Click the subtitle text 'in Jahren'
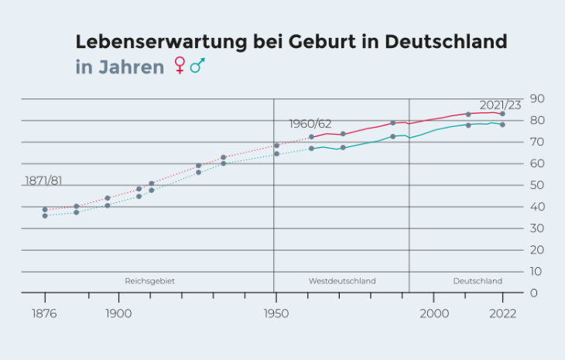point(119,67)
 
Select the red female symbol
point(180,66)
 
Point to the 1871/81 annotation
point(43,180)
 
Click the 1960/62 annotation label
point(310,124)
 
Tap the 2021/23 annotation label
point(500,105)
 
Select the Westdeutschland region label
point(341,281)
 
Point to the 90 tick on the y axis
point(536,99)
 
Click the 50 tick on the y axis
point(536,185)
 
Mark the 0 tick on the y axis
point(533,293)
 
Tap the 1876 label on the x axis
point(45,314)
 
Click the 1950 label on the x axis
point(276,314)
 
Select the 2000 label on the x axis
point(434,314)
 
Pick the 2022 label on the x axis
point(502,314)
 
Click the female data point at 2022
point(502,114)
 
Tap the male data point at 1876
point(45,216)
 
